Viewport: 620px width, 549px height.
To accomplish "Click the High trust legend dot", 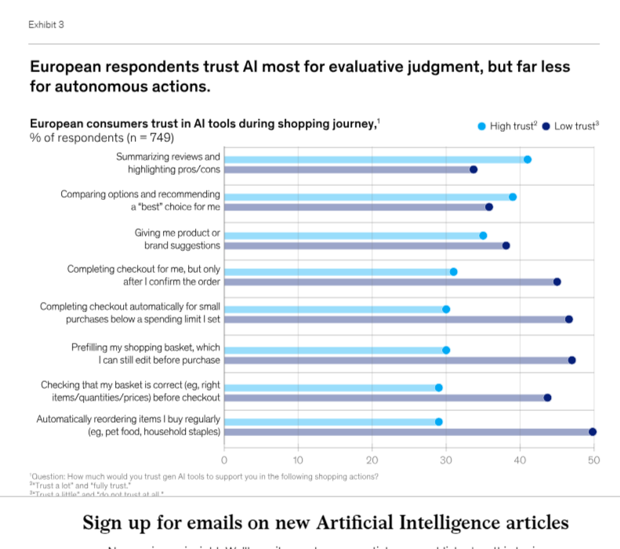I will click(482, 126).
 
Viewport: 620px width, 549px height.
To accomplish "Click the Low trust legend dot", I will click(546, 126).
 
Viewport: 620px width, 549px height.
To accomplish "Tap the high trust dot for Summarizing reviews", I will click(528, 159).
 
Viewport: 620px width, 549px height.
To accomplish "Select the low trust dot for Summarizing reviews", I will click(473, 169).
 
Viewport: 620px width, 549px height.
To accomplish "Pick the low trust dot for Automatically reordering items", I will click(593, 431).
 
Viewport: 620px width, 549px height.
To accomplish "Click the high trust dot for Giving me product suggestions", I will click(483, 235).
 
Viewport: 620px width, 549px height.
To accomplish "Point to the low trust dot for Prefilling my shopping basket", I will click(571, 360).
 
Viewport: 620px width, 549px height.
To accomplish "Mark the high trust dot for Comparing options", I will click(513, 197).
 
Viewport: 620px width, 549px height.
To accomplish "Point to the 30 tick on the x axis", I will click(446, 460).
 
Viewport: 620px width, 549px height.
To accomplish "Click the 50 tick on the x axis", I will click(593, 460).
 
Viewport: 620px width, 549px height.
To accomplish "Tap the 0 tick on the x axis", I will click(225, 460).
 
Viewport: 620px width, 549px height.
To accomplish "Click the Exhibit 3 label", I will click(46, 24).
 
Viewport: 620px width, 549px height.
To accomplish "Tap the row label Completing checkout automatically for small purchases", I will click(130, 313).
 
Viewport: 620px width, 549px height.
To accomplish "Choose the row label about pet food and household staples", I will click(154, 431).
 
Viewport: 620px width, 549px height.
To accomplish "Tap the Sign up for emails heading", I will click(326, 522).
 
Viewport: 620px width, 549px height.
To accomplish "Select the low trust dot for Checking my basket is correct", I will click(547, 398).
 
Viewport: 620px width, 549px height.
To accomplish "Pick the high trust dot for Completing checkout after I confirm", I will click(453, 271).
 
